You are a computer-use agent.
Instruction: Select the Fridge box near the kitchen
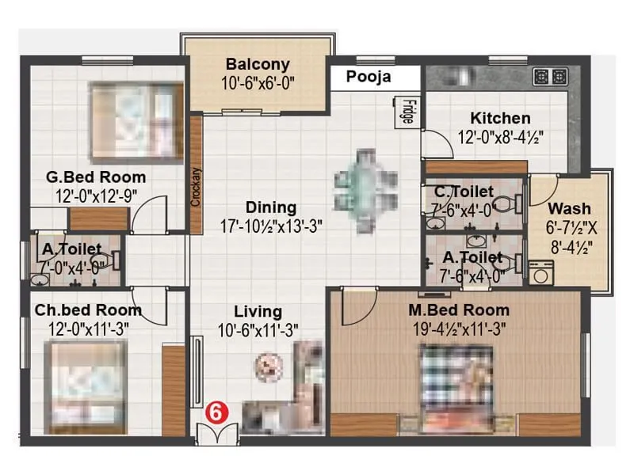(x=406, y=110)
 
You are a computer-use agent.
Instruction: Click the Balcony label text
(x=258, y=64)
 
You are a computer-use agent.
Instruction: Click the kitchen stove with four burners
(x=551, y=77)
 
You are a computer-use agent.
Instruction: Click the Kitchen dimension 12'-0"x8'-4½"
(x=501, y=138)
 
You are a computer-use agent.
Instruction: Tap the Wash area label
(x=569, y=209)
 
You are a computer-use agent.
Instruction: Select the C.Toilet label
(x=464, y=192)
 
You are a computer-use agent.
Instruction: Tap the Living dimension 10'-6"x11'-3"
(x=258, y=331)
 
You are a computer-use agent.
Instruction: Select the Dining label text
(x=270, y=207)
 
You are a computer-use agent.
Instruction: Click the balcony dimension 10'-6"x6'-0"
(x=258, y=82)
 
